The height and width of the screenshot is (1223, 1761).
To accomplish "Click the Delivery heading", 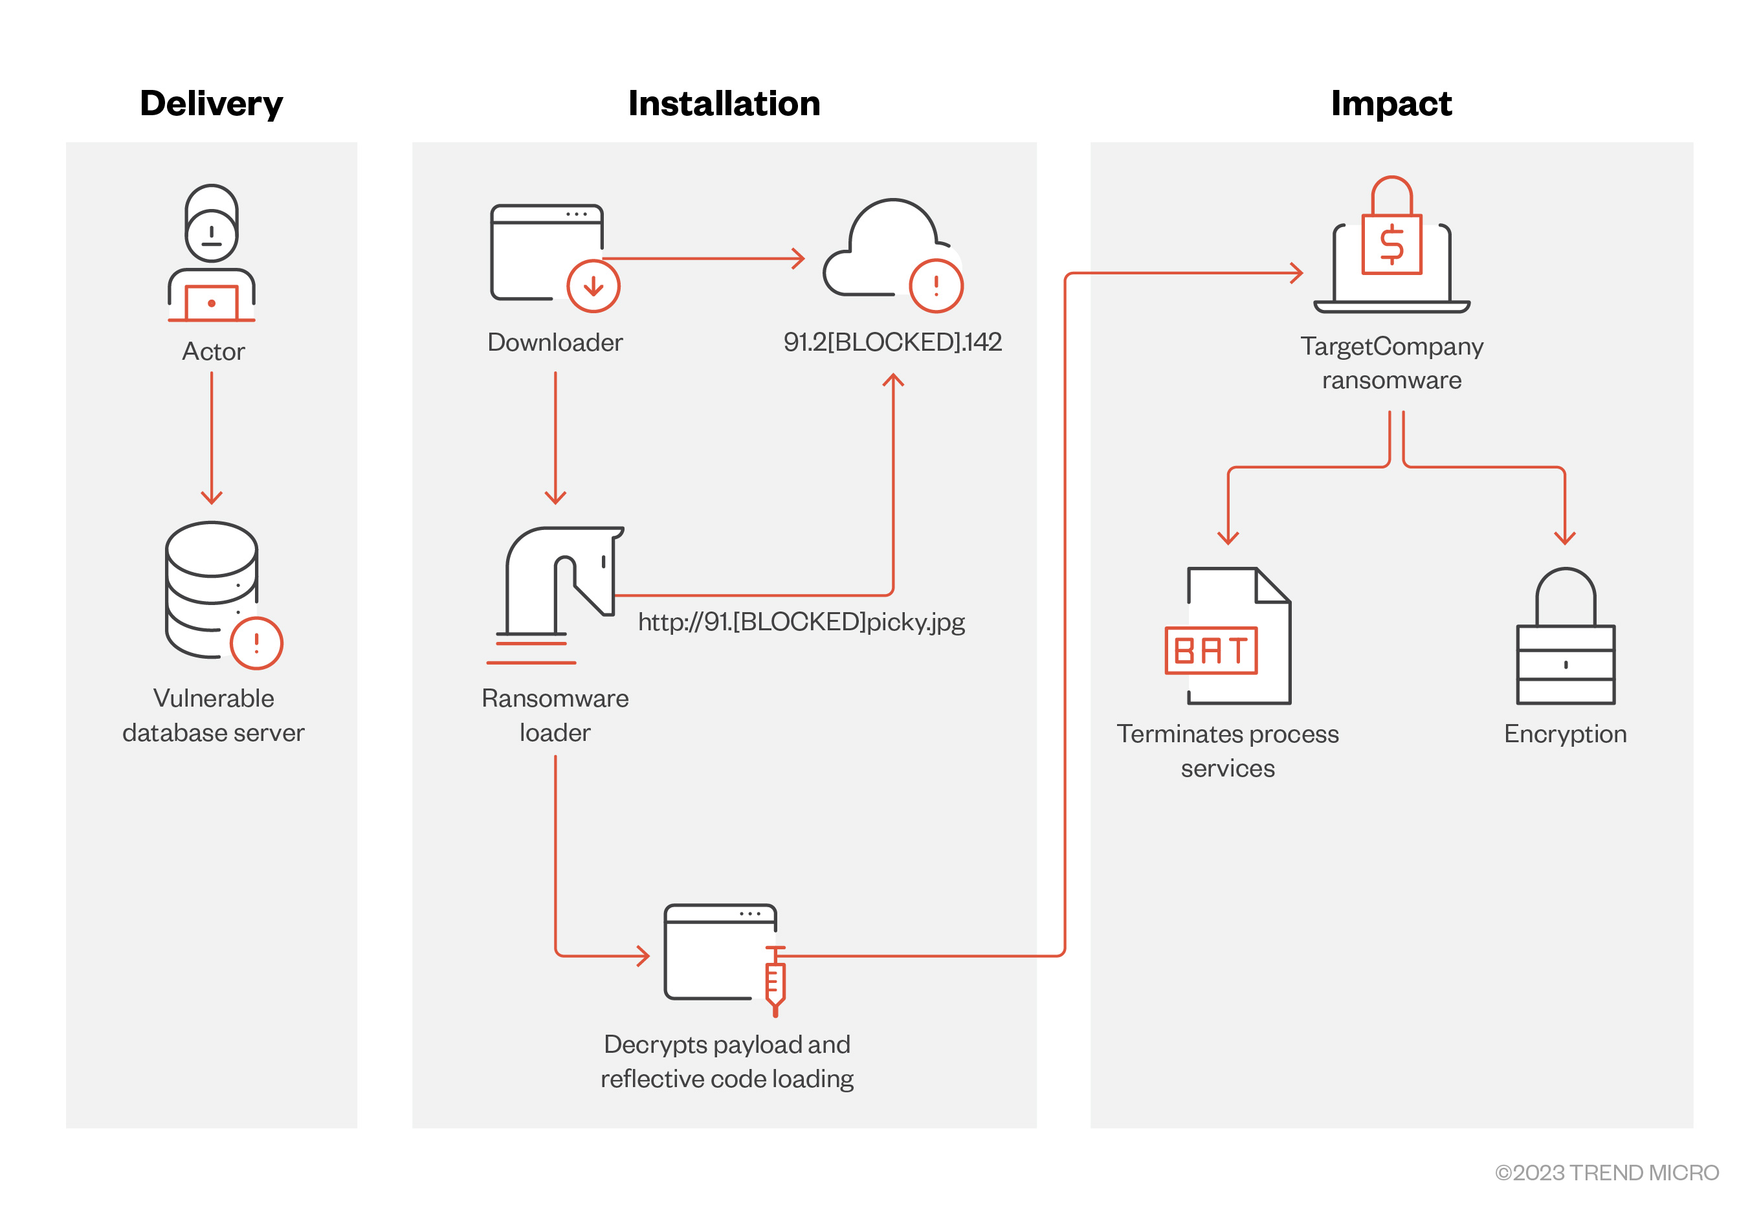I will (x=211, y=104).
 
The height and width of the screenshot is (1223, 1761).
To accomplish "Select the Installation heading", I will (x=724, y=104).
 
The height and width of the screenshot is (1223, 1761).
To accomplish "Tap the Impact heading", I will (x=1390, y=104).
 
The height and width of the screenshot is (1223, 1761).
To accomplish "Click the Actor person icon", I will (x=212, y=253).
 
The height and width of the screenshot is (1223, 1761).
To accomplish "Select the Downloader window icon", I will (x=546, y=251).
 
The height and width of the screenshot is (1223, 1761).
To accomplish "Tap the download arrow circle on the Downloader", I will (x=593, y=286).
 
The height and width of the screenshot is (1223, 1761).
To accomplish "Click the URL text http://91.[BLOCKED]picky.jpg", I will (x=801, y=621).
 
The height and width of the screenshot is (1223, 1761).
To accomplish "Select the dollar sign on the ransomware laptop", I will (x=1391, y=245).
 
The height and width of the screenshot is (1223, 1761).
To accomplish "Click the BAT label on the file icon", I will (x=1211, y=650).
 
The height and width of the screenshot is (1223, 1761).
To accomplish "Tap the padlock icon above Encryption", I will (x=1565, y=636).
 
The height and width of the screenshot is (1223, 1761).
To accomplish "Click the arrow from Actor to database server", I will (x=212, y=437).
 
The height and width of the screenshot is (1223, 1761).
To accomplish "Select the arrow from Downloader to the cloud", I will (x=703, y=259).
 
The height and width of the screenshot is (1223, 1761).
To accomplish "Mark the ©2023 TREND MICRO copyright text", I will (x=1606, y=1173).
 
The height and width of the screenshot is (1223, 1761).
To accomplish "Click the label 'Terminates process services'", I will (x=1227, y=751).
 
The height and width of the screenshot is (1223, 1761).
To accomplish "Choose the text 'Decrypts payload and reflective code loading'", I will (x=727, y=1061).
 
